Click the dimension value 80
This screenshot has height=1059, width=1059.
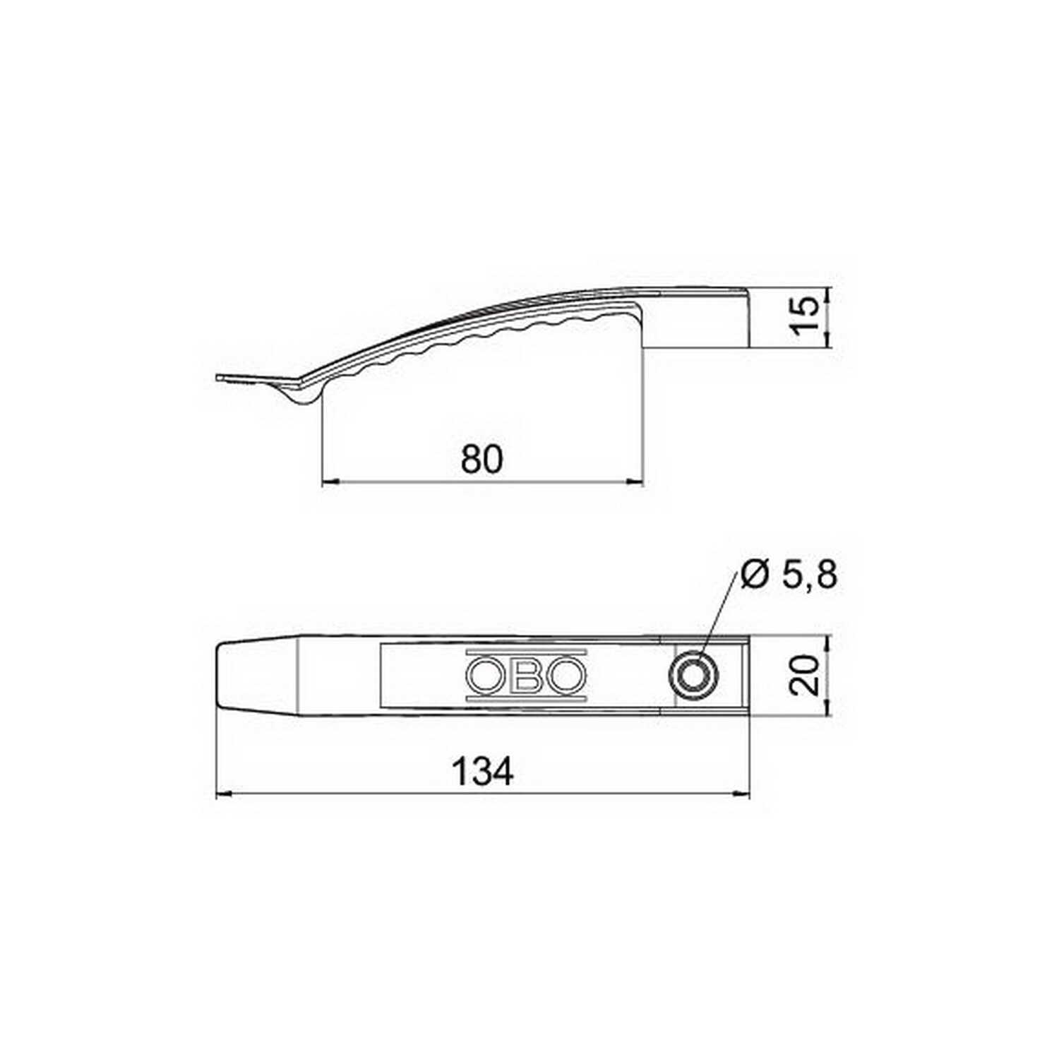482,460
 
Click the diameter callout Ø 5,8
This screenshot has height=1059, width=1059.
789,576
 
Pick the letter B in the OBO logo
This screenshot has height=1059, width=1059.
526,676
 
